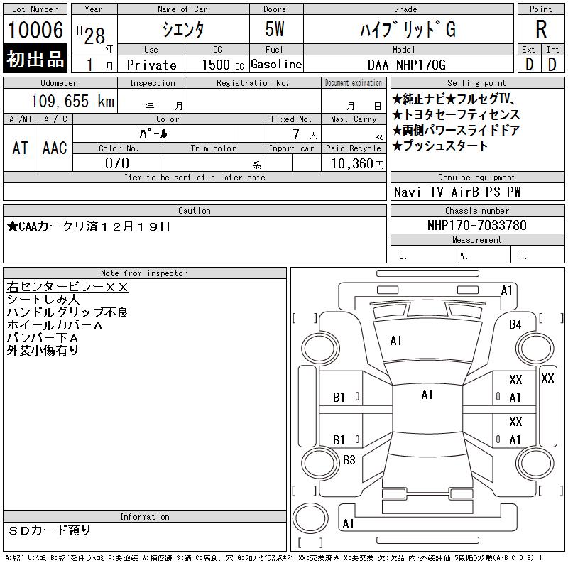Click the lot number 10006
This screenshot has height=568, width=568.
[x=35, y=31]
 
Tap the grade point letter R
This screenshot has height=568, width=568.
[x=541, y=30]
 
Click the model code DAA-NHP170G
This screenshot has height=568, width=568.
[x=407, y=65]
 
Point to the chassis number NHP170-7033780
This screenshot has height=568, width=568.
[x=477, y=225]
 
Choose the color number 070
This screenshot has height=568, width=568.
[x=116, y=163]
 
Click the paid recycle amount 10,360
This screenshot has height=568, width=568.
[x=352, y=163]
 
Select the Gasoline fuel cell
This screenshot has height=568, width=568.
[x=276, y=64]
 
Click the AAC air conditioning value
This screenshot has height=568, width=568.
[x=55, y=148]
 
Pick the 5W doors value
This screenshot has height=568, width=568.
[x=275, y=31]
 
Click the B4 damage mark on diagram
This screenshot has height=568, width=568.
[x=515, y=324]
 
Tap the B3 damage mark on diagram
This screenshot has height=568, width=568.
[x=349, y=460]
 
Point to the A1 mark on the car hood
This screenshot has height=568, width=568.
[x=396, y=341]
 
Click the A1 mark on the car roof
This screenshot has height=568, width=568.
[x=427, y=395]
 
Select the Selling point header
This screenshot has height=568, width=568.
[x=477, y=83]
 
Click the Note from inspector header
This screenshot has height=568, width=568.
[x=144, y=273]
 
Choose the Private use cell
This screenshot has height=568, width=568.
[x=151, y=65]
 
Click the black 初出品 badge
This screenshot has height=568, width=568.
[x=35, y=59]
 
